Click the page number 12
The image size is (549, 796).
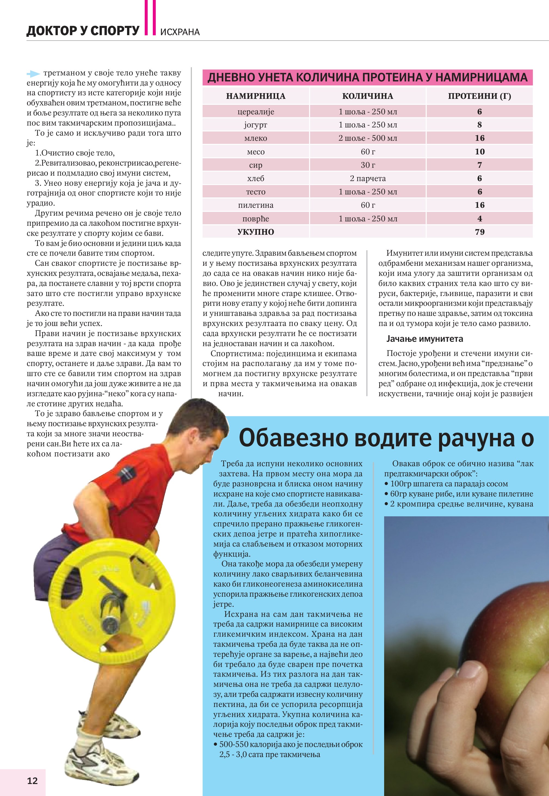click(x=32, y=780)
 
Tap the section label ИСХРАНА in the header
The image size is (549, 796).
click(x=180, y=32)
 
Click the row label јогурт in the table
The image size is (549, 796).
click(x=255, y=125)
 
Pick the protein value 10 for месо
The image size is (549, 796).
click(x=480, y=151)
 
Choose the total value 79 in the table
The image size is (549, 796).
click(x=480, y=232)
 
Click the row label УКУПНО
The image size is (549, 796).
click(x=255, y=232)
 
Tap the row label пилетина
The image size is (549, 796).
click(x=255, y=205)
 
